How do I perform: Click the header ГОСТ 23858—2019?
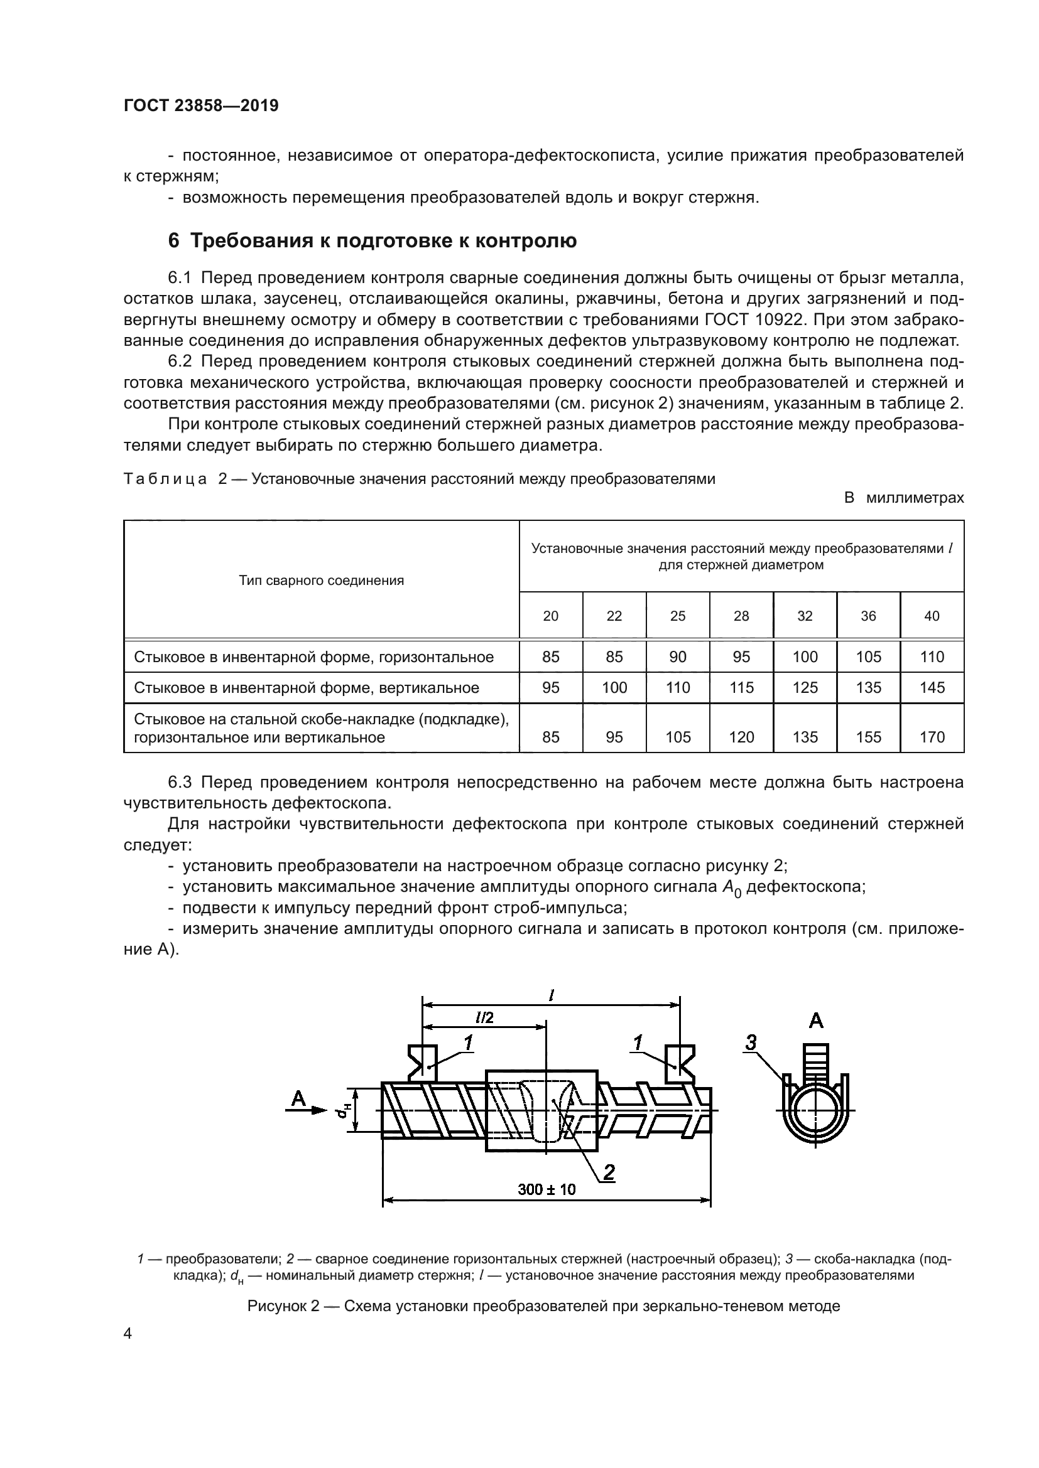click(x=201, y=106)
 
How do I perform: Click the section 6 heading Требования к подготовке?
click(x=373, y=241)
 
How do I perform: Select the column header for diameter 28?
click(x=741, y=616)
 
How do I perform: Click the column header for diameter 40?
click(x=932, y=616)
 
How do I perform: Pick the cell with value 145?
click(x=932, y=687)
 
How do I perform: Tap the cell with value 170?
click(x=932, y=737)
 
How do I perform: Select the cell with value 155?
click(x=868, y=737)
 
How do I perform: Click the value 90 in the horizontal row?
click(x=678, y=656)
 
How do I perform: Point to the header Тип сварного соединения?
click(x=321, y=581)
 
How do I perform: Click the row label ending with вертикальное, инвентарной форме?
click(x=307, y=687)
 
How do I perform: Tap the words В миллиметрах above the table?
click(x=903, y=498)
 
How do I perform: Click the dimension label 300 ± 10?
click(x=547, y=1189)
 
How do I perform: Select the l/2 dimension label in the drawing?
click(x=484, y=1017)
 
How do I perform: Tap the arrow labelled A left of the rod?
click(x=306, y=1112)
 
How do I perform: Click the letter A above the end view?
click(x=816, y=1021)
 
